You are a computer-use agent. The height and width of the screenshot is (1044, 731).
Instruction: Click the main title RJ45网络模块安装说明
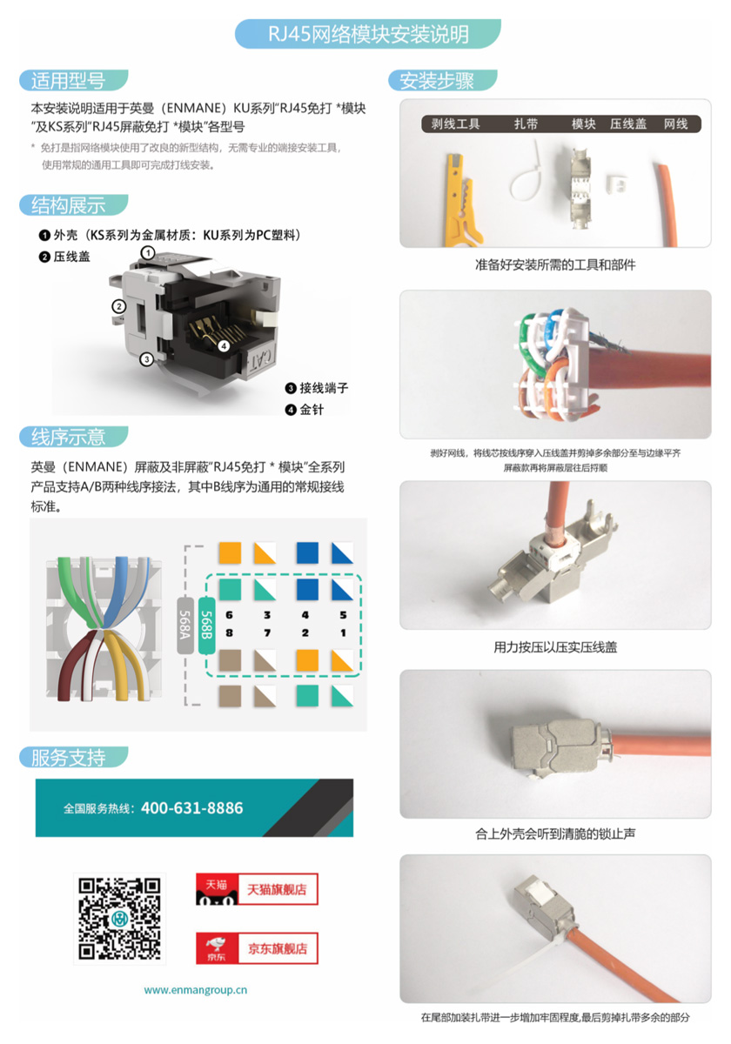point(367,35)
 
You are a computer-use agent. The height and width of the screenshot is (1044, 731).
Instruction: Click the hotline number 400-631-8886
point(191,808)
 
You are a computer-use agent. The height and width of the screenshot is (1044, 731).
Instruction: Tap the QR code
point(120,919)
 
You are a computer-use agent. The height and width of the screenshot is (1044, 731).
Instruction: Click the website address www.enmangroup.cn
point(196,990)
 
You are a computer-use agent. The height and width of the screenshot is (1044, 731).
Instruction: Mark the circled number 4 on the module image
point(224,345)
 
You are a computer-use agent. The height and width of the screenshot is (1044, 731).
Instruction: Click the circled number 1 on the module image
point(149,252)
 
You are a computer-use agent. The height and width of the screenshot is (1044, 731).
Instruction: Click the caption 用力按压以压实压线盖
point(555,647)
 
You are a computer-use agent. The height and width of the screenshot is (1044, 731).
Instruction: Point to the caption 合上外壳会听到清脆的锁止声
point(555,833)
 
